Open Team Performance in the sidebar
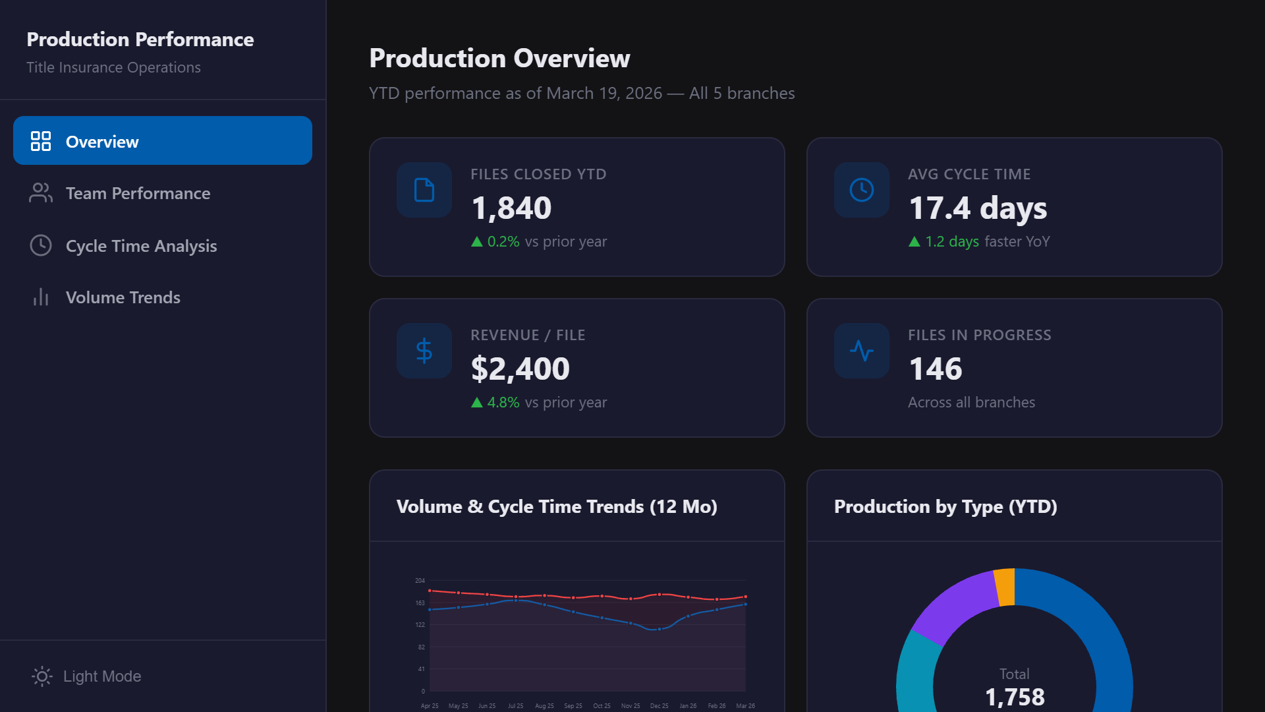138,193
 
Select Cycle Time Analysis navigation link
141,246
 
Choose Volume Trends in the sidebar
123,297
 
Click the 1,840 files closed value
511,208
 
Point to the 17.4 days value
977,208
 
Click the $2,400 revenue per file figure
520,369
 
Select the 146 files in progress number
935,369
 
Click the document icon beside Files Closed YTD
424,190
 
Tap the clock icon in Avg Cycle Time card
861,190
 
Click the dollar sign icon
424,351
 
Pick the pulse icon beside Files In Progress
861,351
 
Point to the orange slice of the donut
1004,586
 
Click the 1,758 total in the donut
1014,697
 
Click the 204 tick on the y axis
420,581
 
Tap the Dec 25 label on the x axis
659,706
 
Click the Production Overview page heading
499,58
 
